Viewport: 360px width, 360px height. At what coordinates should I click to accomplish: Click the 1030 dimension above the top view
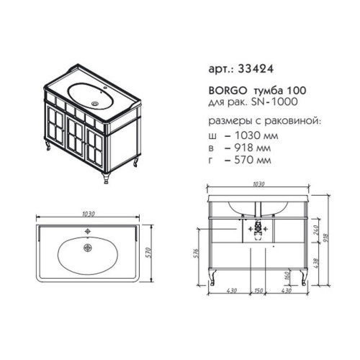click(x=90, y=215)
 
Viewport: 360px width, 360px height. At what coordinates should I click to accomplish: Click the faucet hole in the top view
click(x=89, y=232)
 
